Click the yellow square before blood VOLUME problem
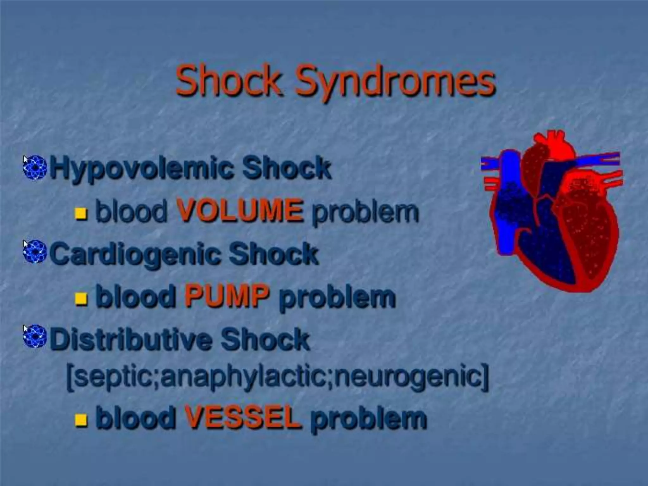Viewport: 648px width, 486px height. (x=81, y=214)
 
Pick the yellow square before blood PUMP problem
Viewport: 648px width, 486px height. (x=81, y=299)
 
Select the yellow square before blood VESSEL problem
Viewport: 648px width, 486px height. (x=81, y=420)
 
